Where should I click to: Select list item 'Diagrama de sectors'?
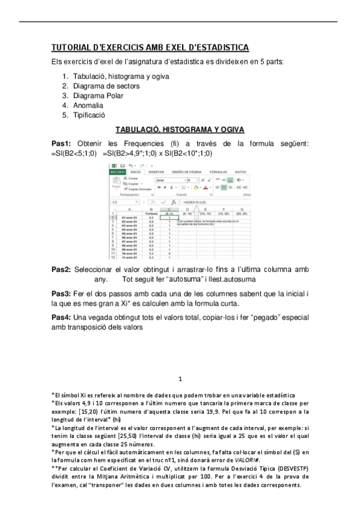tap(106, 86)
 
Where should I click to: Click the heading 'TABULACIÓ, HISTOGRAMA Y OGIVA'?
tap(180, 129)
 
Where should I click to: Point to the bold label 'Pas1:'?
tap(62, 143)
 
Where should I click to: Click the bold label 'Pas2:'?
tap(62, 270)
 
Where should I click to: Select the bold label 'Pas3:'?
tap(62, 293)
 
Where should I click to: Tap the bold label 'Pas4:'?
tap(62, 317)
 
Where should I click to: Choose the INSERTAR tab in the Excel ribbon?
tap(156, 171)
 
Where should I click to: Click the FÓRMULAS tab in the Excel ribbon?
tap(218, 171)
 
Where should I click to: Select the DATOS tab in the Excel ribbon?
tap(240, 171)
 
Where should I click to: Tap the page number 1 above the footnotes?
tap(180, 379)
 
